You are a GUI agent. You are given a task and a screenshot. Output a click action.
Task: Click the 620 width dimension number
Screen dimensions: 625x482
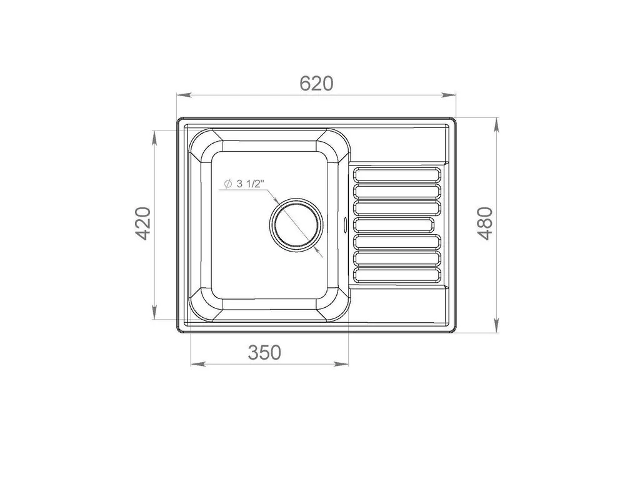316,83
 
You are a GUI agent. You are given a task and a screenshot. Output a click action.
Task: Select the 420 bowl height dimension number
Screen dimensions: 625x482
142,224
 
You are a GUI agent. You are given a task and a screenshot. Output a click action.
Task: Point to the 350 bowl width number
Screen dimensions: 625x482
264,352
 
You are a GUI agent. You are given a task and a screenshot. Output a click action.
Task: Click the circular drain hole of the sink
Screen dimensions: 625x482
296,224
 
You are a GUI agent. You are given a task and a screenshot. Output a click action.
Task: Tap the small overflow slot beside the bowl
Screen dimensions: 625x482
345,224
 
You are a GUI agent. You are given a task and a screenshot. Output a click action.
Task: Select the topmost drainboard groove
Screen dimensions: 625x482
397,174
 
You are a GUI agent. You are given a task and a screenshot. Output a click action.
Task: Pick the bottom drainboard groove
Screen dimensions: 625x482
397,276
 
